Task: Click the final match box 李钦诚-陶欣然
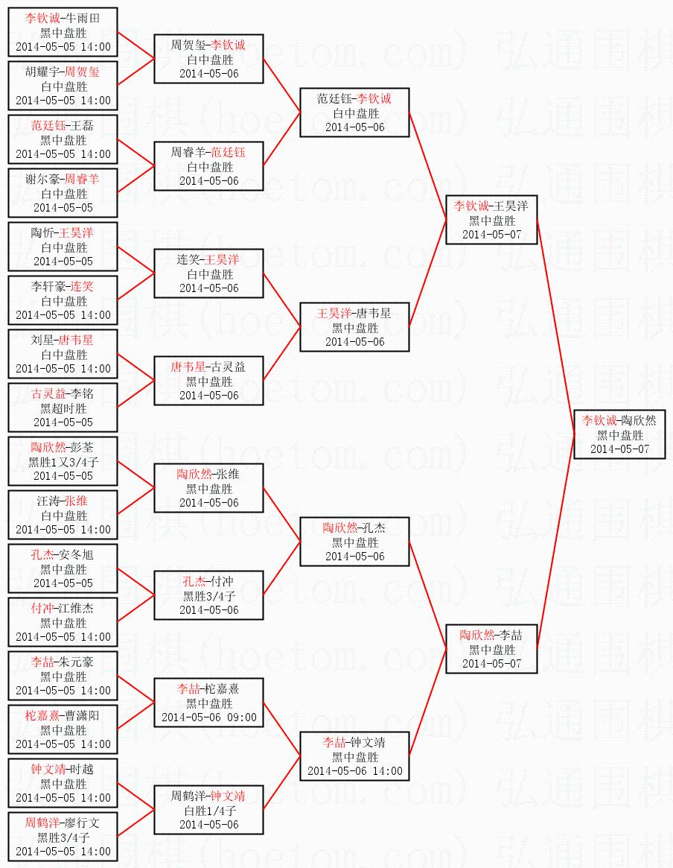click(x=619, y=434)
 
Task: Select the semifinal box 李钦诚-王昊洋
click(x=491, y=220)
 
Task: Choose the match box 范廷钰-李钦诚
click(x=354, y=113)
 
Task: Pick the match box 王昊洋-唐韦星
click(x=354, y=327)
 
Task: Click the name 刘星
click(x=43, y=340)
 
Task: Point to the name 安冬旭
click(x=77, y=555)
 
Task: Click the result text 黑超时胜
click(x=63, y=408)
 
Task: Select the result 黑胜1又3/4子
click(x=63, y=462)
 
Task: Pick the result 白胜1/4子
click(x=208, y=811)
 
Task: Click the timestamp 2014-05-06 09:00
click(x=208, y=717)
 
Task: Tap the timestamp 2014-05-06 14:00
click(x=354, y=771)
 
